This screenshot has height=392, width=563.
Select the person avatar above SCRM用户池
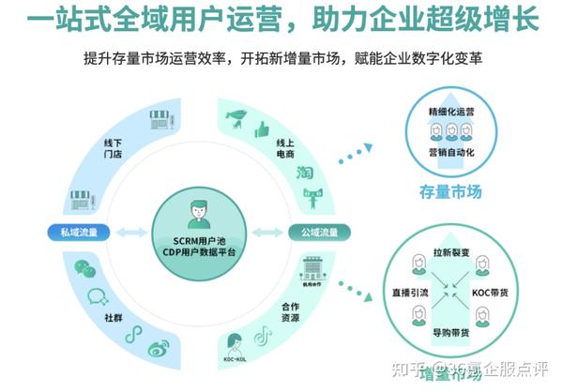click(x=198, y=212)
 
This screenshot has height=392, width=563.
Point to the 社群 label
click(x=114, y=318)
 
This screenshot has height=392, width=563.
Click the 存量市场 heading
click(x=450, y=192)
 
